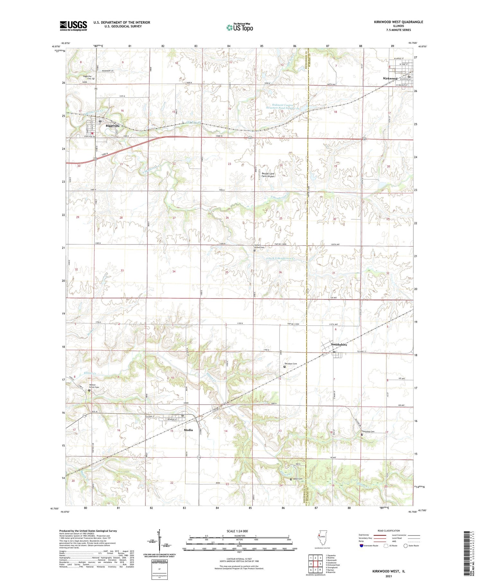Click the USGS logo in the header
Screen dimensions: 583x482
point(73,26)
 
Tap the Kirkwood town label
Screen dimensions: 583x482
point(390,78)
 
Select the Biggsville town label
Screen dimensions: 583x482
point(112,126)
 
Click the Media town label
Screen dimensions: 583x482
point(188,430)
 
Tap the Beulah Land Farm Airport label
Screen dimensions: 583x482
point(268,175)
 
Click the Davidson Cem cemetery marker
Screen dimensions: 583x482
point(284,367)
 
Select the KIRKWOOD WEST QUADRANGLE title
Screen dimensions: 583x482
point(398,22)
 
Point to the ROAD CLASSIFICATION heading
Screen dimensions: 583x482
point(389,531)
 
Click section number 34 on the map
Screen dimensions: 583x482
point(174,271)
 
